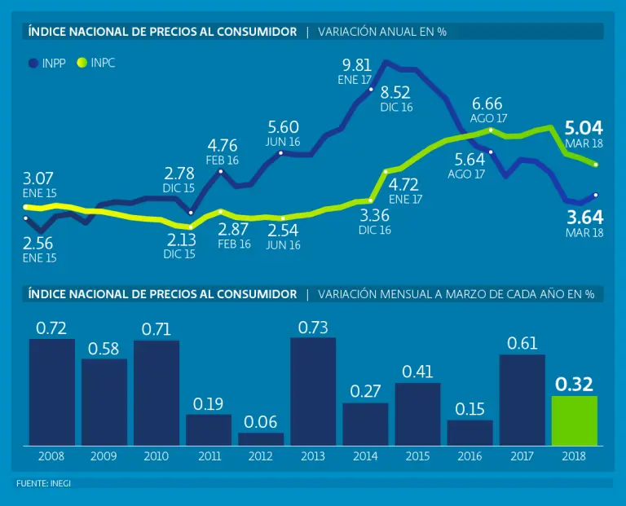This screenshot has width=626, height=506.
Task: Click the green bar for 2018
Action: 575,420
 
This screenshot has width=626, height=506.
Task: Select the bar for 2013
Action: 313,391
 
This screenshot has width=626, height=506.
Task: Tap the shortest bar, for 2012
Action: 261,439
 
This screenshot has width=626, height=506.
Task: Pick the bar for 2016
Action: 469,433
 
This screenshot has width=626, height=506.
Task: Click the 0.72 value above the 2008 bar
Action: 51,328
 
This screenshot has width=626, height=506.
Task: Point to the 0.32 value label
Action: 575,385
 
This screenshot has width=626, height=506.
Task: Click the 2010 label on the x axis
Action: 156,457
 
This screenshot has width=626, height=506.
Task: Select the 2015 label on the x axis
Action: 417,457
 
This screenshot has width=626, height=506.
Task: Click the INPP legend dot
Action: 33,63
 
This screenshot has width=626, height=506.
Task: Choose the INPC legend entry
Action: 95,63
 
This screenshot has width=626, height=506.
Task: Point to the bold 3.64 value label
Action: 584,217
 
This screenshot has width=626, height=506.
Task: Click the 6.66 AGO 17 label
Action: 487,104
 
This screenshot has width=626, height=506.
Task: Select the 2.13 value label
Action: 181,240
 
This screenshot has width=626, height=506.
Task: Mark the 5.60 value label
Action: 284,127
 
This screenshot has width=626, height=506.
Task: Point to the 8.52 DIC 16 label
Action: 396,92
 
